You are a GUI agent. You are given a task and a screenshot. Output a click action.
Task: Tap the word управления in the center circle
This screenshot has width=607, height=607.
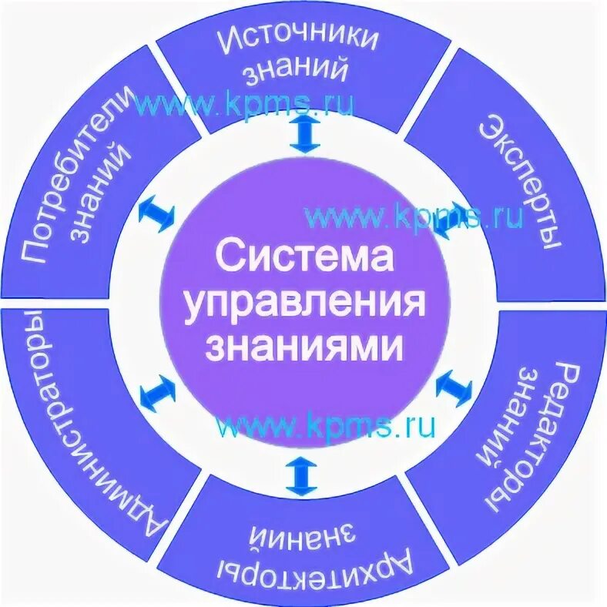pos(303,302)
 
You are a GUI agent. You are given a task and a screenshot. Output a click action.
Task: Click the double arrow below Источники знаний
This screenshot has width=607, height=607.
pos(305,136)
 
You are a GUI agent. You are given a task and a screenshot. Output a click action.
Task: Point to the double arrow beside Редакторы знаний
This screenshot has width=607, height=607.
pos(454,386)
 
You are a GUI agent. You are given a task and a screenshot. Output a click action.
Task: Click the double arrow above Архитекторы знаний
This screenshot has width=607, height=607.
pos(301,476)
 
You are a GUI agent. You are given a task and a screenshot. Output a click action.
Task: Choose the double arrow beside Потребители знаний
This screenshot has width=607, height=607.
pos(157,213)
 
